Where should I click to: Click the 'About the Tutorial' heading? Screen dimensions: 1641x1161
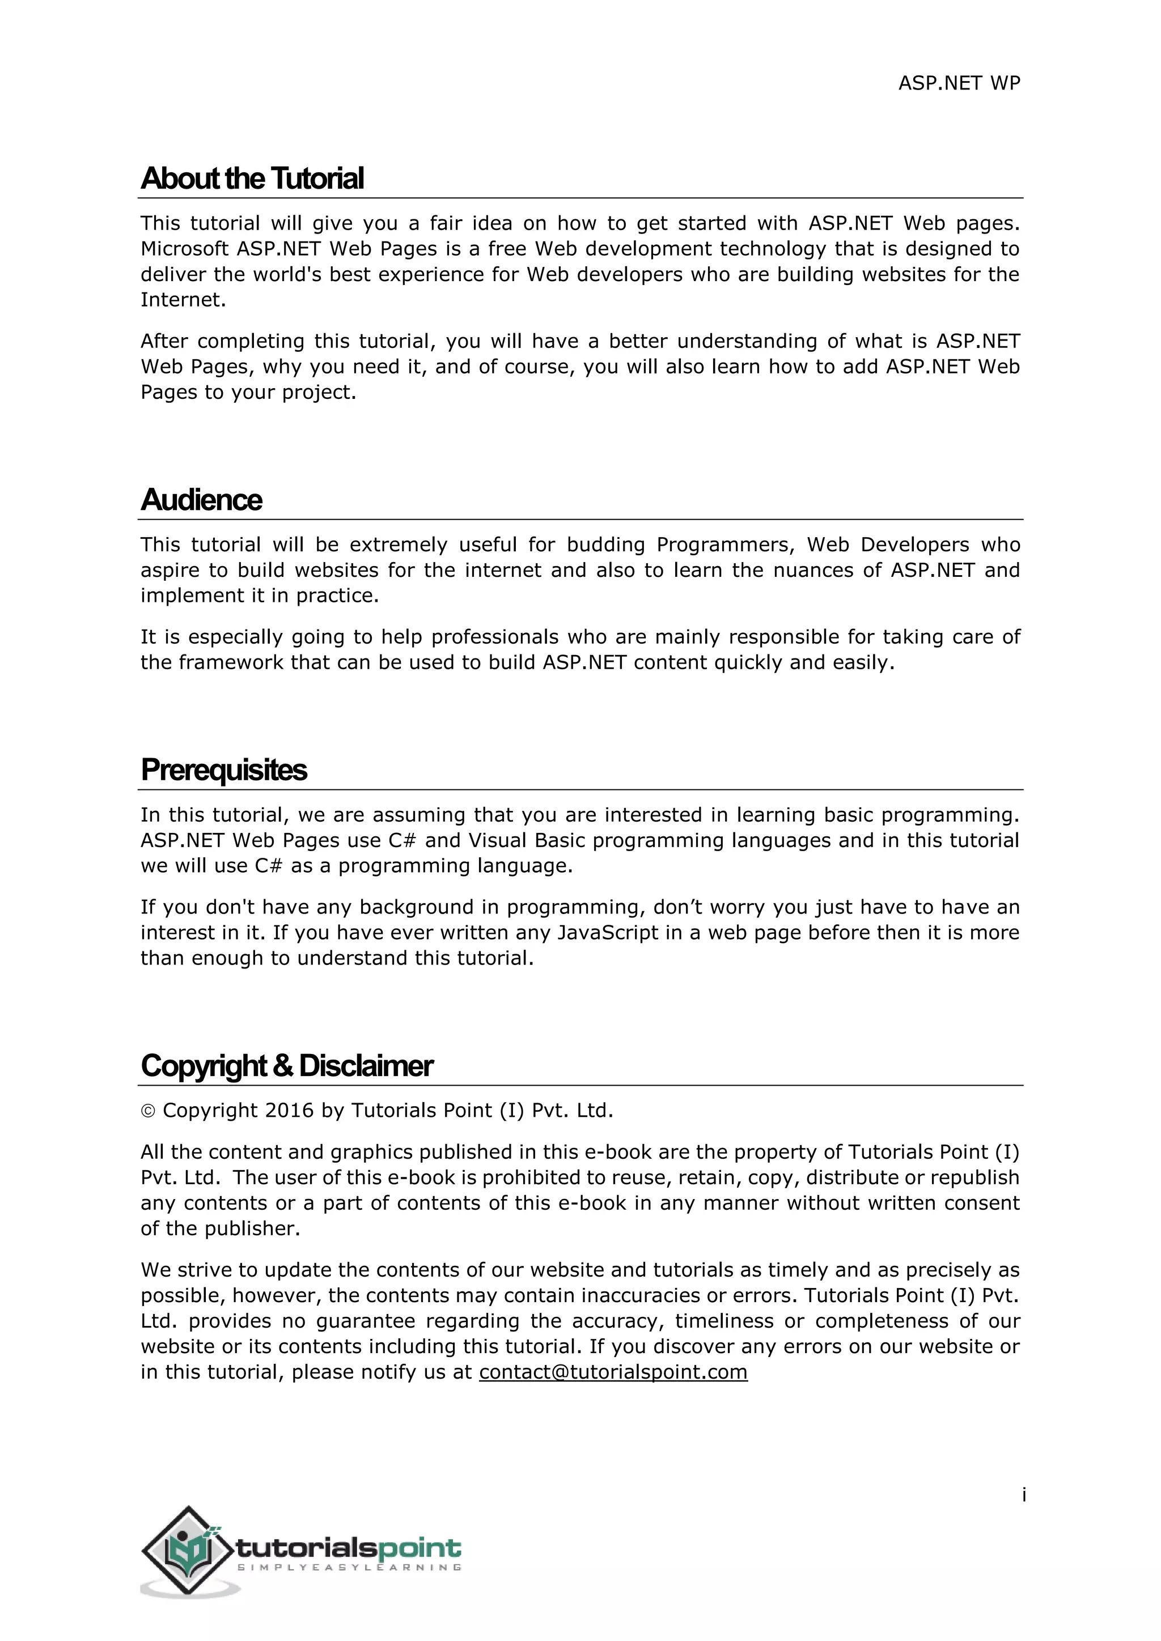(252, 178)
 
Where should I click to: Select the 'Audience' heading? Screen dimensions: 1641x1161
(202, 500)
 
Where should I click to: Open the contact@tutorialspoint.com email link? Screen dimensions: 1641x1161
(613, 1372)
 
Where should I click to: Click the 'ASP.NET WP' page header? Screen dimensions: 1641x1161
(959, 84)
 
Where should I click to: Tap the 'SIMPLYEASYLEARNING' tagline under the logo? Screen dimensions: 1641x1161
(349, 1567)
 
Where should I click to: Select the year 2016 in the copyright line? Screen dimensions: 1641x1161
(289, 1111)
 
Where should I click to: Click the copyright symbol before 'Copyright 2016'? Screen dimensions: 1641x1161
(148, 1111)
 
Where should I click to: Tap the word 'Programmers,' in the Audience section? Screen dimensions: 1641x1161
(726, 545)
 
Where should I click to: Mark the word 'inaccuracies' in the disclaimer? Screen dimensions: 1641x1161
(649, 1296)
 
